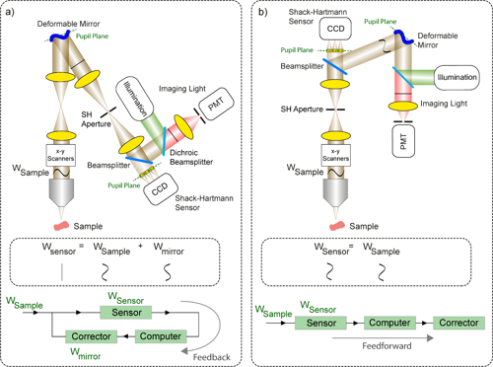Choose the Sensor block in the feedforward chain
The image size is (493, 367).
coord(322,322)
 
